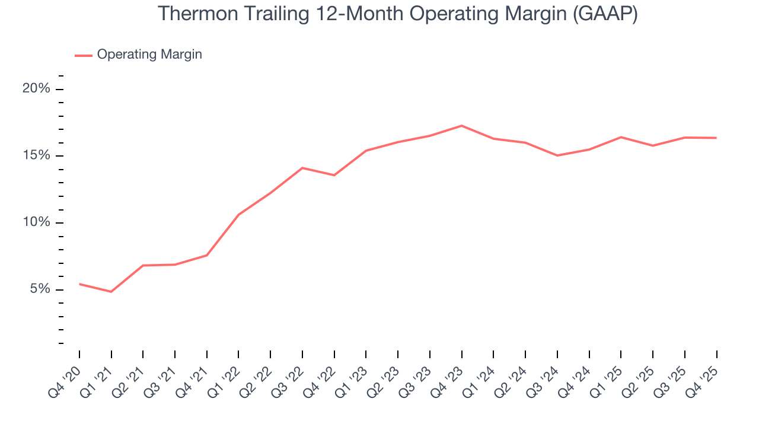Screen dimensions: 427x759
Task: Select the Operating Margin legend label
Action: coord(149,55)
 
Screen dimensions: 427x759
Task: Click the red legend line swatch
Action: coord(83,55)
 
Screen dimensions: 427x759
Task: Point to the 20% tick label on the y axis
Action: coord(36,89)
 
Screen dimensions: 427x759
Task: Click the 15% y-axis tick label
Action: coord(36,156)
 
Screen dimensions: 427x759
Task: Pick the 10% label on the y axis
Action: coord(36,223)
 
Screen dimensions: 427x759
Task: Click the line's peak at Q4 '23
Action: coord(461,126)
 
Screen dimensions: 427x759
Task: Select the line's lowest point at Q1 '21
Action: coord(111,292)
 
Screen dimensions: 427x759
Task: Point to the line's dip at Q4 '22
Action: coord(334,175)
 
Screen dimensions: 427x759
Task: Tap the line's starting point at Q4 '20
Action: coord(79,284)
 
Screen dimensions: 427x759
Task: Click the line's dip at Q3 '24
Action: coord(557,155)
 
